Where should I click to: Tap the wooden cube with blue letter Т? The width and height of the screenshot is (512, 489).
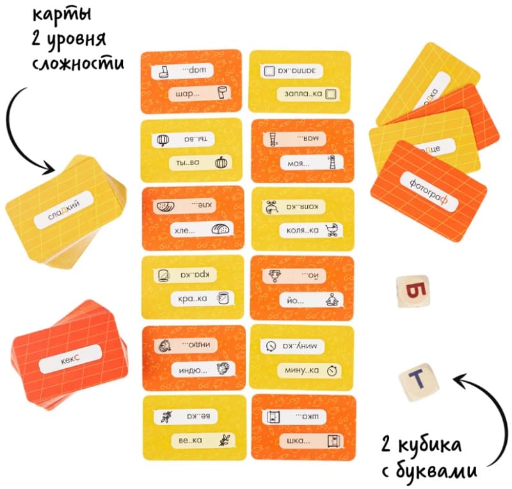coord(417,381)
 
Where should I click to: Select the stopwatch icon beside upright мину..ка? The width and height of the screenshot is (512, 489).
coord(332,369)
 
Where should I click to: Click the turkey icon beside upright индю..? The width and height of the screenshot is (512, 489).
coord(222,369)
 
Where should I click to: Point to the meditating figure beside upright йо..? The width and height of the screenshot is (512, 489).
coord(332,299)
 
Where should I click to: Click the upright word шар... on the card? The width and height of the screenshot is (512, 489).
coord(186,94)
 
